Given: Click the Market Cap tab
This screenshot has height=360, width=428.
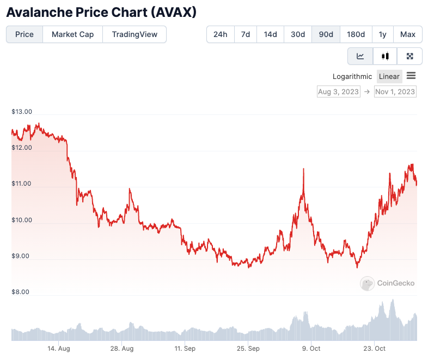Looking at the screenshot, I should [72, 34].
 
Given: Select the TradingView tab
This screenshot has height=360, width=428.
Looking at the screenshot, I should [134, 34].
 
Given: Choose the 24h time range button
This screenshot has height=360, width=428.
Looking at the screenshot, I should [221, 34].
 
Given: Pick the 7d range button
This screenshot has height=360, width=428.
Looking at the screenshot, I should [246, 34].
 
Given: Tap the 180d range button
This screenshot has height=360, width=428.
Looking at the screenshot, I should [356, 34].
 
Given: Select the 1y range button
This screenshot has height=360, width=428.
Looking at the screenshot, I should [383, 34].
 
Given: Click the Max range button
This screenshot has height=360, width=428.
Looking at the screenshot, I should [408, 34].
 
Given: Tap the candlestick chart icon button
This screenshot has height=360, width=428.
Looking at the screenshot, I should [386, 56].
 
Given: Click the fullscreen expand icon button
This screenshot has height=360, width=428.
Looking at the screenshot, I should [410, 56].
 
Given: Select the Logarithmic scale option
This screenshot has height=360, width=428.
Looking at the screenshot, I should [352, 76].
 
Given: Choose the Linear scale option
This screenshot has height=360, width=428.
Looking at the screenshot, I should [389, 76].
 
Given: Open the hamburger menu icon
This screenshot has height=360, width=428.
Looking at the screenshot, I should [411, 76].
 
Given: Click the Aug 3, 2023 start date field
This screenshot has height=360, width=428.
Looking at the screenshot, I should [339, 91].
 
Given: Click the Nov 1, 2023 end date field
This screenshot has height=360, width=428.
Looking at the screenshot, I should [395, 91].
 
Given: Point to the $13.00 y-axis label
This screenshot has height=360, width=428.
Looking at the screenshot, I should [22, 112].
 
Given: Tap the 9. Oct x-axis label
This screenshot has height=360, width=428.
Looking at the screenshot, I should [311, 349].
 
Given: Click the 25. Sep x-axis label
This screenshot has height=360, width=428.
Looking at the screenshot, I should [248, 349].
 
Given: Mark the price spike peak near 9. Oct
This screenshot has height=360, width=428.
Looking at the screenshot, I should [303, 169].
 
